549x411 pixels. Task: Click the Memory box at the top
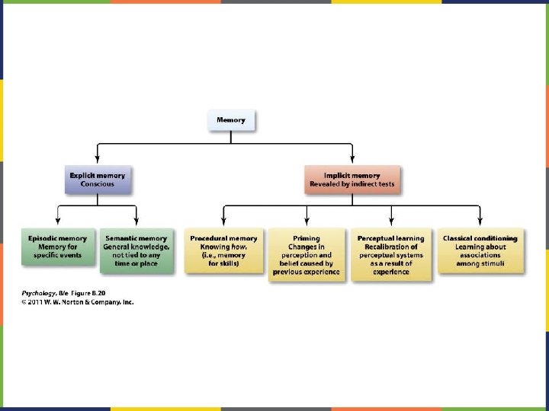point(231,120)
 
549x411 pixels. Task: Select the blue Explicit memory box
point(97,180)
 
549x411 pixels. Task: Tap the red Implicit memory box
point(352,180)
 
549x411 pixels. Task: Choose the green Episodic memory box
point(58,247)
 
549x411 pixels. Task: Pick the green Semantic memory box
point(136,247)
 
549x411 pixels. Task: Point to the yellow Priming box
point(307,254)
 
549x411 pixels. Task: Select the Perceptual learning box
point(391,254)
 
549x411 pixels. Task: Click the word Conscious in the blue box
point(97,184)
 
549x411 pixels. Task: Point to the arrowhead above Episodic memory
point(58,222)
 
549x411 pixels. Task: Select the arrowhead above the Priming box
point(307,222)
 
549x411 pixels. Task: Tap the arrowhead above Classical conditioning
point(480,222)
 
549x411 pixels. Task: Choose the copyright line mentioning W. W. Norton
point(77,302)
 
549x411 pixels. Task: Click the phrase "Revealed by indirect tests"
point(352,184)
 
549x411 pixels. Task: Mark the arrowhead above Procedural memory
point(223,222)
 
